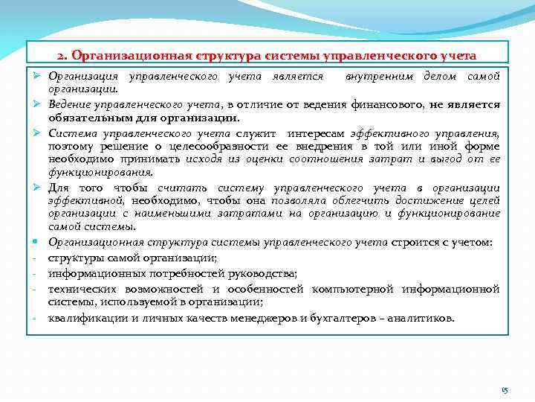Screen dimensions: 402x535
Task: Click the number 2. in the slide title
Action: pyautogui.click(x=62, y=56)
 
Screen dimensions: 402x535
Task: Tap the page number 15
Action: pyautogui.click(x=505, y=389)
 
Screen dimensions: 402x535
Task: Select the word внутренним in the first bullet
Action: pyautogui.click(x=378, y=76)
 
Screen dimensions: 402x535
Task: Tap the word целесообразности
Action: pyautogui.click(x=212, y=146)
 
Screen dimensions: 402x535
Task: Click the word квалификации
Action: pyautogui.click(x=82, y=318)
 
